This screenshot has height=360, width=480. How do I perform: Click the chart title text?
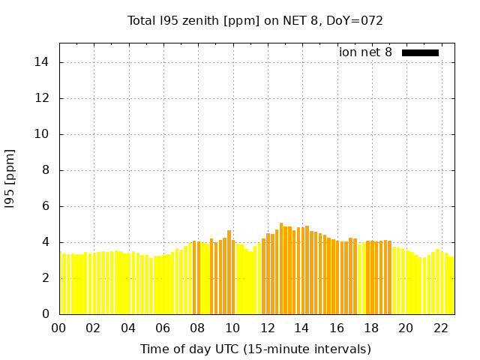[x=255, y=20]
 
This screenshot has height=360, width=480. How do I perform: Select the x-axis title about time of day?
[x=255, y=349]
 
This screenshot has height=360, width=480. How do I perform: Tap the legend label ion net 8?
[x=365, y=52]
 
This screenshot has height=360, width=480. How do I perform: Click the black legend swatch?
[x=420, y=52]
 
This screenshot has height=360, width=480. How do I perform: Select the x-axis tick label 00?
[x=58, y=328]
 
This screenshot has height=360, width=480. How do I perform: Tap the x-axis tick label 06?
[x=163, y=328]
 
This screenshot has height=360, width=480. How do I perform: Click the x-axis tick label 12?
[x=267, y=328]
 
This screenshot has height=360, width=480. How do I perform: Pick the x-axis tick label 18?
[x=371, y=328]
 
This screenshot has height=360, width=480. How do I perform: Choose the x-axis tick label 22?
[x=441, y=328]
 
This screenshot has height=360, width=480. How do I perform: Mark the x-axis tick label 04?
[x=128, y=328]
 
